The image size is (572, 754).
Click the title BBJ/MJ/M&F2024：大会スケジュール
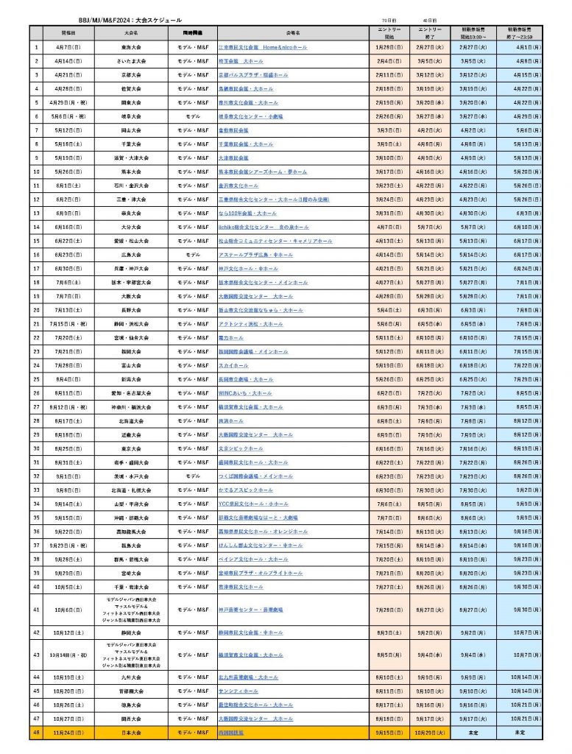[x=130, y=21]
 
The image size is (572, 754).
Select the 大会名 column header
[x=131, y=33]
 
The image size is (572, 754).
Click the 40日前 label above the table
[x=430, y=21]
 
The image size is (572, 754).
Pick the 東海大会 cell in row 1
[x=131, y=47]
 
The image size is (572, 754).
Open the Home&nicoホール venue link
[x=263, y=47]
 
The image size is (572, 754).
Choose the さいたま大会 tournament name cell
[x=131, y=61]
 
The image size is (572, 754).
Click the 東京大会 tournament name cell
[x=131, y=448]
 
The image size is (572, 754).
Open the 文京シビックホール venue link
[x=241, y=448]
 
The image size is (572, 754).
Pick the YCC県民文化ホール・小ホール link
[x=253, y=503]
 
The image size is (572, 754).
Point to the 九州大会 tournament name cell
[x=131, y=677]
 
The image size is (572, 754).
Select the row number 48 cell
[x=36, y=733]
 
